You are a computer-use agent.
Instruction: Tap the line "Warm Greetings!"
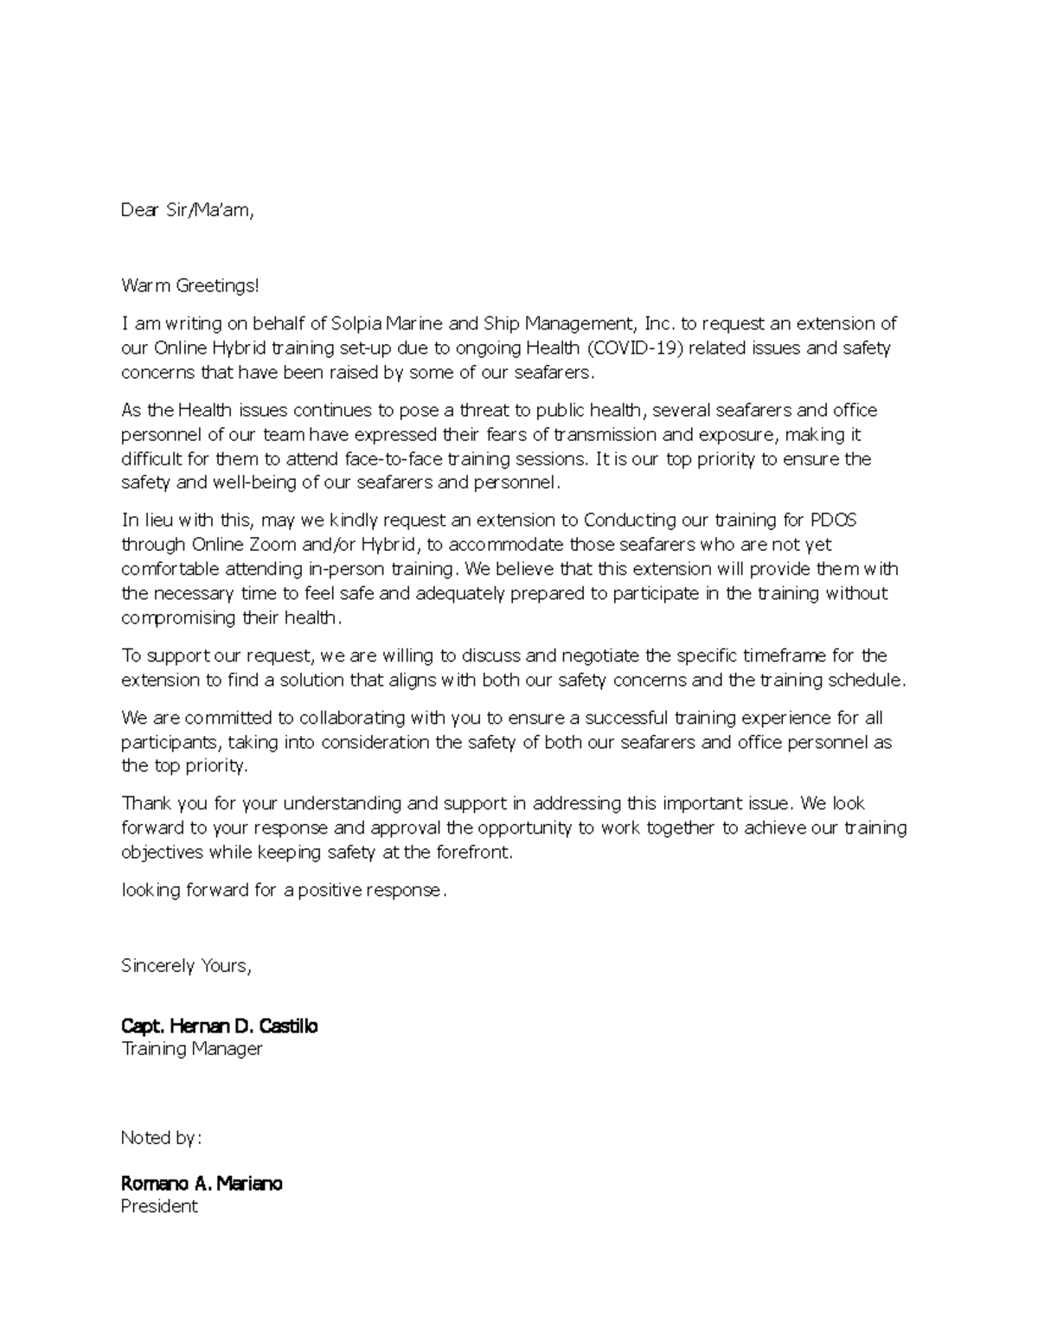[x=189, y=285]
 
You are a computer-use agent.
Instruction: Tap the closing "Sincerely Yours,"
[x=186, y=966]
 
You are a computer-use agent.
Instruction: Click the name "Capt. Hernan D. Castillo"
[x=219, y=1026]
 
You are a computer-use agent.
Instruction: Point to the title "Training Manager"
[x=191, y=1049]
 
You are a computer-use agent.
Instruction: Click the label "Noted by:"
[x=160, y=1138]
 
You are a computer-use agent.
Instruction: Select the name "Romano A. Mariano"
[x=202, y=1183]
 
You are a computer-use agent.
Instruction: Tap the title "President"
[x=159, y=1206]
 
